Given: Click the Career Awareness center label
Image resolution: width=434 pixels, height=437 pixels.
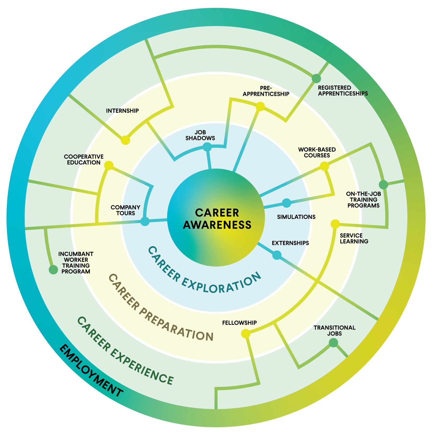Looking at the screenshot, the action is tap(217, 219).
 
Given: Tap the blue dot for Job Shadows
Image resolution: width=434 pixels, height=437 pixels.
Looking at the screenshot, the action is tap(207, 147).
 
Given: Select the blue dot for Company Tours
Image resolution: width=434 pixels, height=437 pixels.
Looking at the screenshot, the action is tap(145, 221).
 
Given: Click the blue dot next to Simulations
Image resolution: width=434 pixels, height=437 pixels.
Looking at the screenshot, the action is tap(286, 203).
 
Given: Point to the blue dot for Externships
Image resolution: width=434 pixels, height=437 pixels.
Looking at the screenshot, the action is tap(277, 255).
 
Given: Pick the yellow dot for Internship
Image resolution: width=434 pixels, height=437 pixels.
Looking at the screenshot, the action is tap(126, 140).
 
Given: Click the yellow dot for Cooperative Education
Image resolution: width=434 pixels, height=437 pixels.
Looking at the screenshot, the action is tap(109, 165).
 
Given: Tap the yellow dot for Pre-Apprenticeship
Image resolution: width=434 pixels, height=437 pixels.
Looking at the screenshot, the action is tap(260, 106).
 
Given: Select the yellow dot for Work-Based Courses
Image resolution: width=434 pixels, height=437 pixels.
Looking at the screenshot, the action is tap(324, 166).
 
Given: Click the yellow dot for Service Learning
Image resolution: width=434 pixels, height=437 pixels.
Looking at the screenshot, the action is tap(335, 224).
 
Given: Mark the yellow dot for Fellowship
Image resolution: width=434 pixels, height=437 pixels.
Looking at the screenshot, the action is tap(245, 334).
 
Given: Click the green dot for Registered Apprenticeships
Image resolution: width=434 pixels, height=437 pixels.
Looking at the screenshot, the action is tap(316, 78).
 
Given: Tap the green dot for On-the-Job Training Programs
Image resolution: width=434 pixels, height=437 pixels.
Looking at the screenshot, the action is tap(383, 185).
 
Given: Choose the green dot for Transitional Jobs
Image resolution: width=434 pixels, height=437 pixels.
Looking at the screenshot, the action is tap(333, 343).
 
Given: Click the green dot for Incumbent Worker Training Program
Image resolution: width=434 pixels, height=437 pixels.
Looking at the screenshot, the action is tap(53, 270).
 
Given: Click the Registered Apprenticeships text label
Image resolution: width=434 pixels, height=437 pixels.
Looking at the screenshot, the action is tap(343, 91).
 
